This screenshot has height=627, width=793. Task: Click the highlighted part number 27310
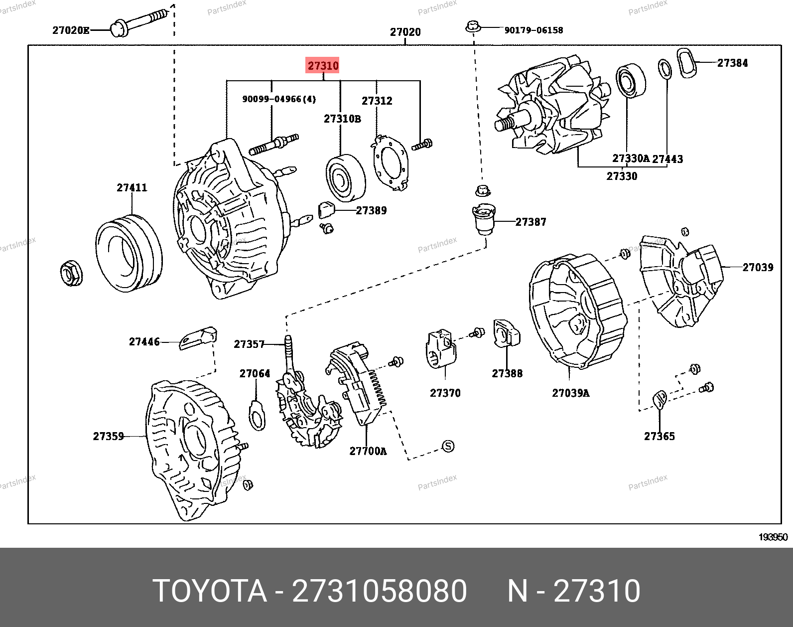click(323, 65)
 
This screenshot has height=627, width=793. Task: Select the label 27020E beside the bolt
click(71, 30)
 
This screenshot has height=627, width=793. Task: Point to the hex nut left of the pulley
click(71, 273)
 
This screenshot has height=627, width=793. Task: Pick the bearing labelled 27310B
click(345, 177)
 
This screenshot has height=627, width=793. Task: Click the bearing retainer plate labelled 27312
click(391, 162)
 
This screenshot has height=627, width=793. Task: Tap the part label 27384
click(732, 63)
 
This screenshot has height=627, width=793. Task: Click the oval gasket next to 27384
click(686, 63)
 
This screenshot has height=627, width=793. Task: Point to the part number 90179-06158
click(533, 30)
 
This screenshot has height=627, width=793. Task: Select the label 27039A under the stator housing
click(570, 393)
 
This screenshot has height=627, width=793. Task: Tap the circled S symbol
click(448, 446)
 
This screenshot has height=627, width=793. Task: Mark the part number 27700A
click(368, 451)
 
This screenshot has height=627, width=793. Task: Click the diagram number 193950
click(773, 537)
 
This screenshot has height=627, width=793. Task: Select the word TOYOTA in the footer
click(210, 591)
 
